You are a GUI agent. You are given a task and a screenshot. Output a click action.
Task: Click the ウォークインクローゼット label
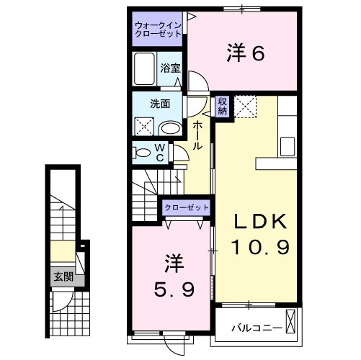pyautogui.click(x=157, y=31)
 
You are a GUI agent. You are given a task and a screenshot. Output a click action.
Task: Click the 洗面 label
pyautogui.click(x=160, y=104)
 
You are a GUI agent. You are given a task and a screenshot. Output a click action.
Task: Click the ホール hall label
pyautogui.click(x=197, y=134)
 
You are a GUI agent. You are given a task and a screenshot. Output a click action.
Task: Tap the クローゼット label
pyautogui.click(x=186, y=207)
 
